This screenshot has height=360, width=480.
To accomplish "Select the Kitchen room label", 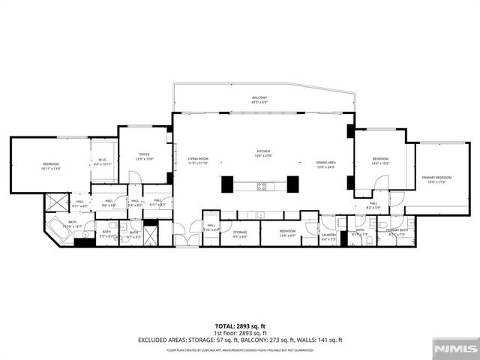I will point(262,153).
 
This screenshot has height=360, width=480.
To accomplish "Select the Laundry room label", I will point(329,236).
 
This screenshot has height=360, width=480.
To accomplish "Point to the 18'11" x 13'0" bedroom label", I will point(51,166).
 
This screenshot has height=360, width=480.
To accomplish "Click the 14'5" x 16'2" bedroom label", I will point(381,160).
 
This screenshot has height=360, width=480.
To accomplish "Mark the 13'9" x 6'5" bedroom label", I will point(288,233).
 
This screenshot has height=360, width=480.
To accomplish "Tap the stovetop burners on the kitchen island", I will point(262,185).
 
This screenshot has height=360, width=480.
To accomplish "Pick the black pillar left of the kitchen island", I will point(227,184).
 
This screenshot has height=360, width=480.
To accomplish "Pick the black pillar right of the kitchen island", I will point(292,184).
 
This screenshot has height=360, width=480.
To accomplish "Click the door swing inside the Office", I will point(135,177).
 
